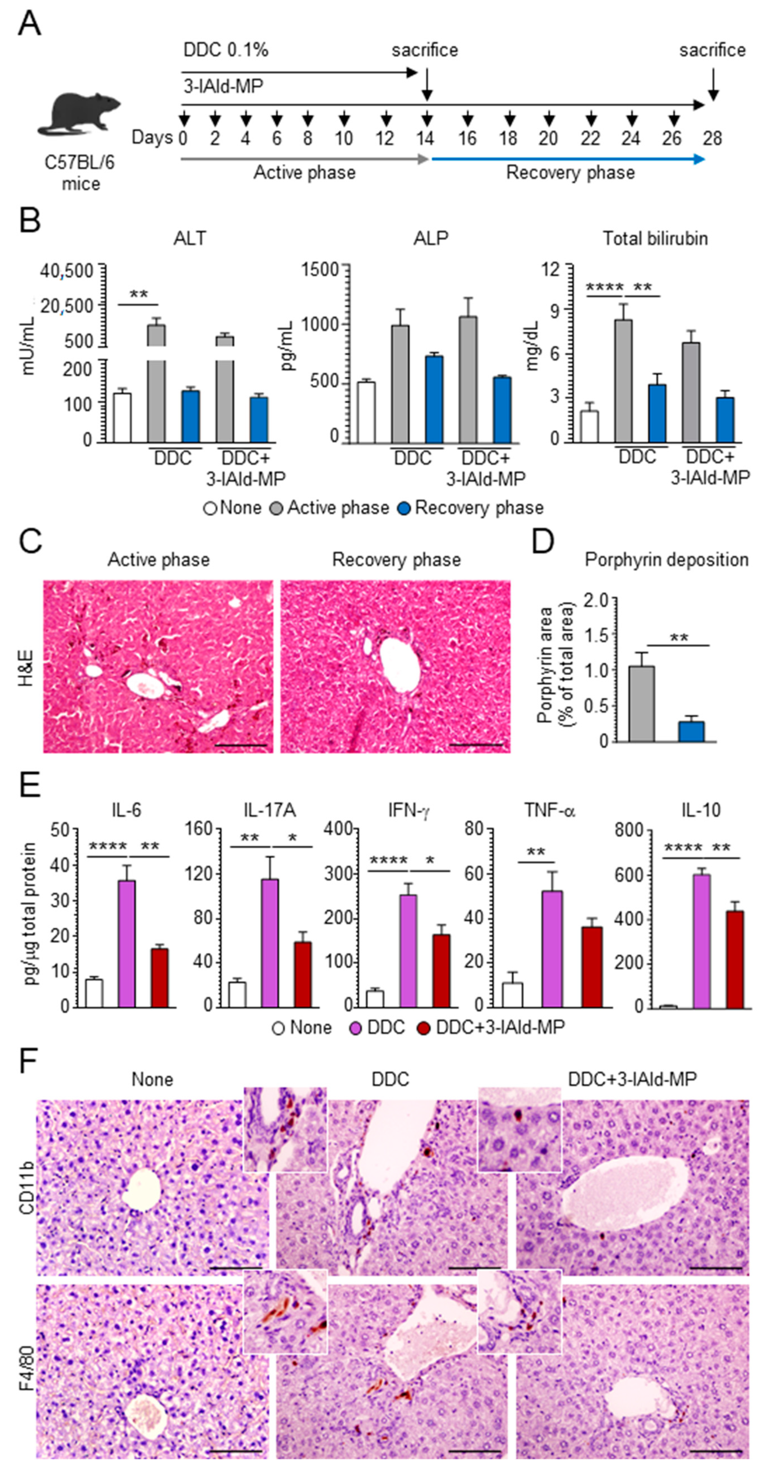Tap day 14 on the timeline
coord(425,138)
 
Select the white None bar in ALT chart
coord(122,417)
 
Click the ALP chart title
coord(431,238)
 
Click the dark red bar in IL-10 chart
coord(735,959)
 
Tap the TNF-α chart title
coord(549,810)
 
